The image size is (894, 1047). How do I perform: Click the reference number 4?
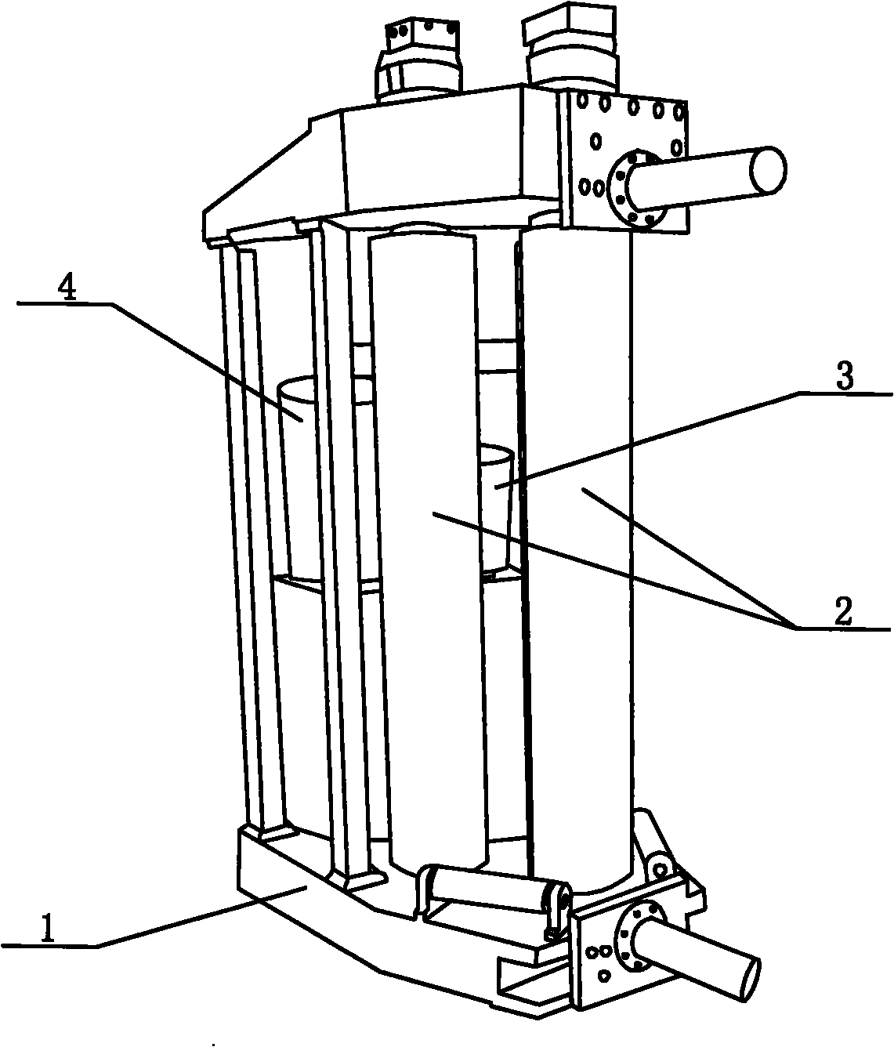click(67, 290)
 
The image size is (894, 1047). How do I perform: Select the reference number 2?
click(843, 613)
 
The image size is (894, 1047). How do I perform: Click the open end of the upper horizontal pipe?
click(769, 170)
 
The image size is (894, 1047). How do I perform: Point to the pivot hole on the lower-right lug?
click(660, 870)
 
